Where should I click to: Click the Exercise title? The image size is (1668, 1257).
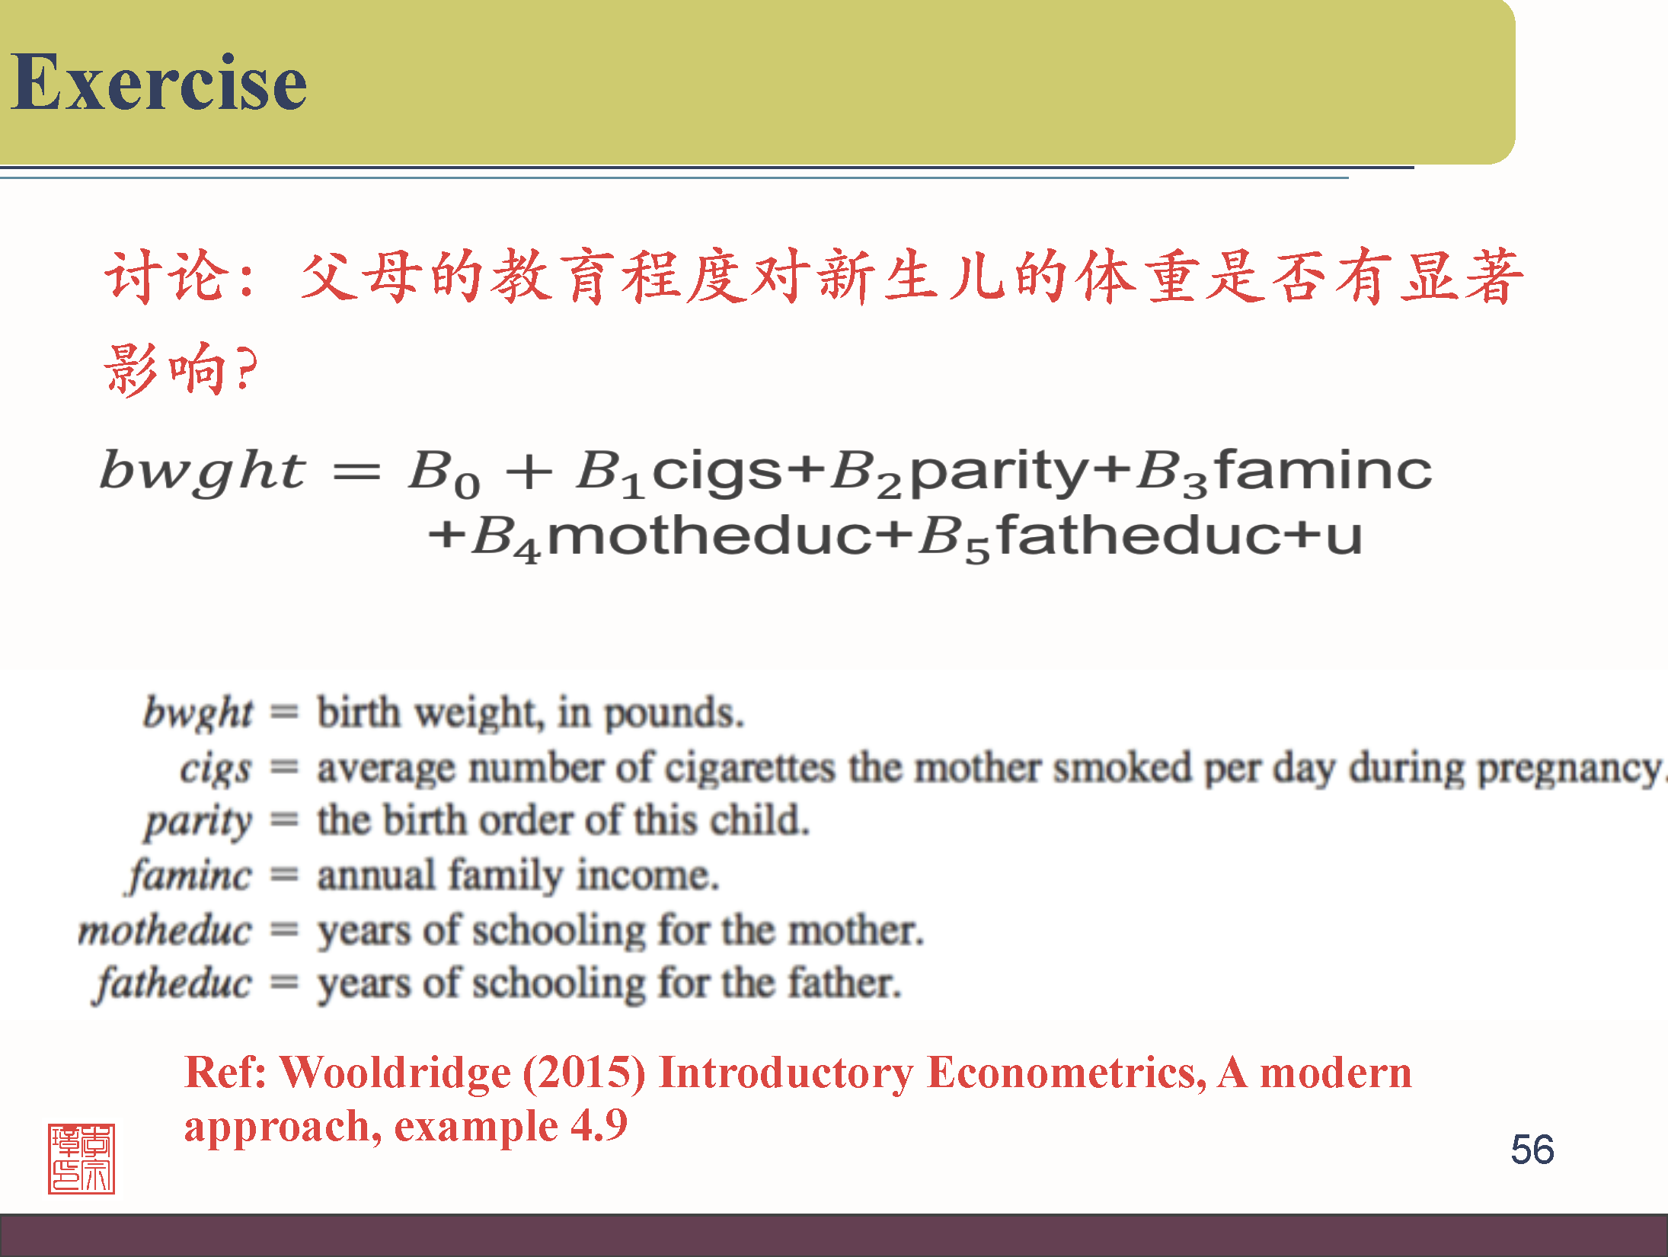tap(158, 82)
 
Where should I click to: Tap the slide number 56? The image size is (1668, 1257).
tap(1532, 1149)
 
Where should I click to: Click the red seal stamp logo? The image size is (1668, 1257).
tap(81, 1158)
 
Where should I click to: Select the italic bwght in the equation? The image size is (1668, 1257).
tap(203, 471)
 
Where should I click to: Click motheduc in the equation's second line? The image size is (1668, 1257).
tap(709, 536)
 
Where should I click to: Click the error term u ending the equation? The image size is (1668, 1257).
tap(1344, 536)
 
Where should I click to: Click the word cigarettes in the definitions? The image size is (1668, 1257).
tap(749, 768)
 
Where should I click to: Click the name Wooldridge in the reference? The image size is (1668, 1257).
tap(395, 1073)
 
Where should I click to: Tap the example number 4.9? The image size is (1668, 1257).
tap(599, 1126)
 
